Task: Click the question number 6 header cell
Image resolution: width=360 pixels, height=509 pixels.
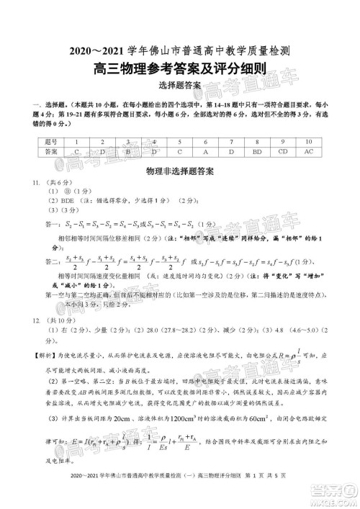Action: [204, 141]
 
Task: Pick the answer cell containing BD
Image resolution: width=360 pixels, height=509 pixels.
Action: [257, 152]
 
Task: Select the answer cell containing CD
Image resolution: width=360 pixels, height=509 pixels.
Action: [283, 152]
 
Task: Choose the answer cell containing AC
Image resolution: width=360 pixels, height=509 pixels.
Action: [309, 152]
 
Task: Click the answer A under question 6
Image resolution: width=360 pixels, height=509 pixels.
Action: [204, 152]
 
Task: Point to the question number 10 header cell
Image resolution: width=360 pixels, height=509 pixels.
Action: [309, 141]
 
